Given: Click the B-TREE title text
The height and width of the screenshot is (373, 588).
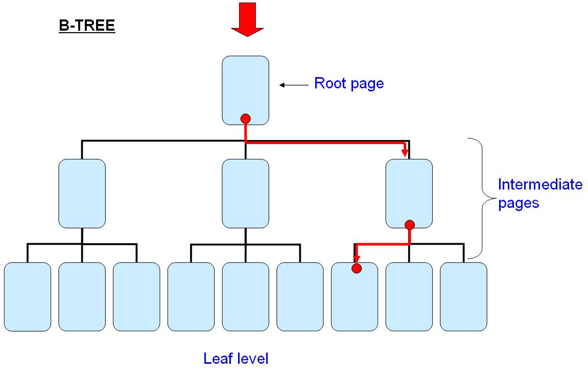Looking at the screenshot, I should (87, 26).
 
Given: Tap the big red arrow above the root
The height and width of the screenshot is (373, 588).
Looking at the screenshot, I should (247, 18).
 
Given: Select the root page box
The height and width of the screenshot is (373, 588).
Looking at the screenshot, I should (246, 87).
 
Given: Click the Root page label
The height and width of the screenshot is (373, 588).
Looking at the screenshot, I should (349, 83).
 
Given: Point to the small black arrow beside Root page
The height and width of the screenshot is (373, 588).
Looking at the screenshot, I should (292, 85).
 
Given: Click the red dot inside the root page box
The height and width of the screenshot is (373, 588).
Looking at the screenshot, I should (245, 119).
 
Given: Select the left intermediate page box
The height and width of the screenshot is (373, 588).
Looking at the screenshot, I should (82, 193).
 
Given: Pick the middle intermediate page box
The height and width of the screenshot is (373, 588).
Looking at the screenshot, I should (245, 193).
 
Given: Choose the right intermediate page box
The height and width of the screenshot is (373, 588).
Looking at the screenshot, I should (409, 189).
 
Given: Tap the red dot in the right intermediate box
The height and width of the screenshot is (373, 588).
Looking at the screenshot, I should (409, 224).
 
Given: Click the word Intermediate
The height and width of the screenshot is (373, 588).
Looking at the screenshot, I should (540, 184).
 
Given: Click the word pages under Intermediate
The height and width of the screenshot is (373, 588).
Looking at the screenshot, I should (519, 202).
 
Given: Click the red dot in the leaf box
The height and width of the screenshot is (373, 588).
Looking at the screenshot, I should (357, 268).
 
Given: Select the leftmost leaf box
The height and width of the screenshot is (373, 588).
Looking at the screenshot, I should (28, 296).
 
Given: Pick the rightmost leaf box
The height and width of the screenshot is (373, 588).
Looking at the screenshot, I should (463, 296).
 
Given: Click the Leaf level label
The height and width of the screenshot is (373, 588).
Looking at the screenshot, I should (236, 359).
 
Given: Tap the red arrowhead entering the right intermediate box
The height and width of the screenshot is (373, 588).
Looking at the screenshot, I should (405, 152).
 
